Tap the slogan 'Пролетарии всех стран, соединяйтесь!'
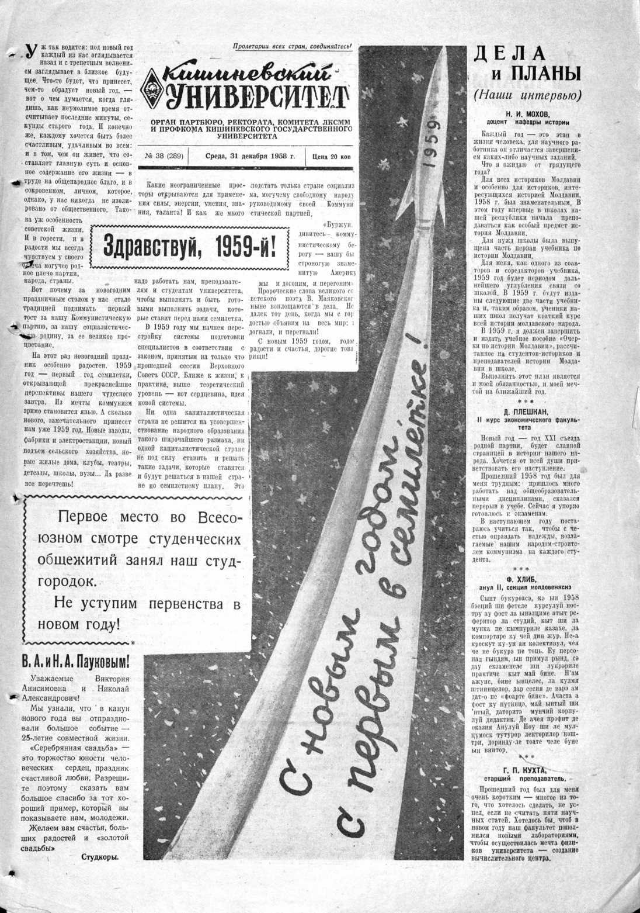[291, 46]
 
